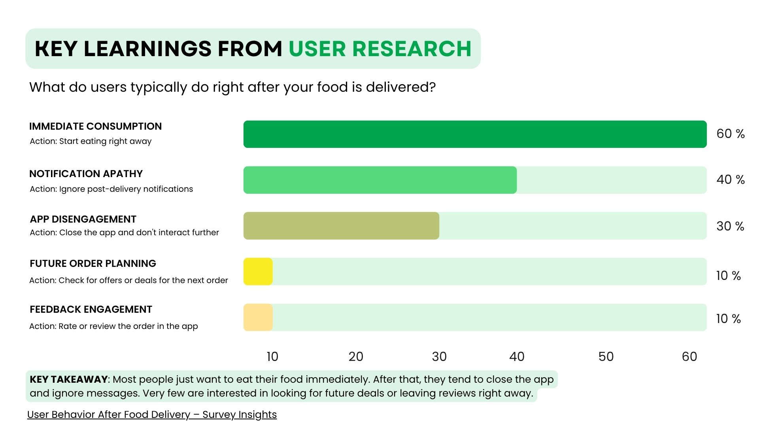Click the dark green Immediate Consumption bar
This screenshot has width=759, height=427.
pyautogui.click(x=474, y=134)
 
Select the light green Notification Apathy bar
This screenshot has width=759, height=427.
pyautogui.click(x=379, y=180)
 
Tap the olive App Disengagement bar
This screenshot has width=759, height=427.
pyautogui.click(x=341, y=226)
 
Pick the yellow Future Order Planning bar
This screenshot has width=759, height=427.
pyautogui.click(x=258, y=272)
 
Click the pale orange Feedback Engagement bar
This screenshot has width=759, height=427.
pyautogui.click(x=258, y=317)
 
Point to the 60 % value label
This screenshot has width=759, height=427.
pyautogui.click(x=730, y=134)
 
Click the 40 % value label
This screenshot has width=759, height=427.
pyautogui.click(x=730, y=180)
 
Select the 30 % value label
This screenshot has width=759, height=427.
pyautogui.click(x=730, y=226)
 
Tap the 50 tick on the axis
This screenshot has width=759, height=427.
pyautogui.click(x=606, y=357)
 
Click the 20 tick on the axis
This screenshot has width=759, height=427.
pyautogui.click(x=356, y=357)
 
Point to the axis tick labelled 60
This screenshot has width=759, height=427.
pyautogui.click(x=689, y=357)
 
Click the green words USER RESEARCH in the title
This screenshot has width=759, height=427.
pyautogui.click(x=380, y=49)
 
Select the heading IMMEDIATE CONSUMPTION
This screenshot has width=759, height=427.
pyautogui.click(x=95, y=127)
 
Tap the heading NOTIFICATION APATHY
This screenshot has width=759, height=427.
pyautogui.click(x=86, y=174)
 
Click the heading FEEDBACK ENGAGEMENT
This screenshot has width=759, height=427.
pyautogui.click(x=91, y=310)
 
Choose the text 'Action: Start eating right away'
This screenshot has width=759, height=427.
pyautogui.click(x=91, y=142)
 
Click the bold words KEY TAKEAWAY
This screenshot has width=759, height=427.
pyautogui.click(x=68, y=380)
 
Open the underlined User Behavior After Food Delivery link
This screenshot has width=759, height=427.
pyautogui.click(x=152, y=415)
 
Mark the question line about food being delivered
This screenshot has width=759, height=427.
pyautogui.click(x=232, y=87)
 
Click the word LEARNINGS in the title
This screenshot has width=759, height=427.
pyautogui.click(x=147, y=49)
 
